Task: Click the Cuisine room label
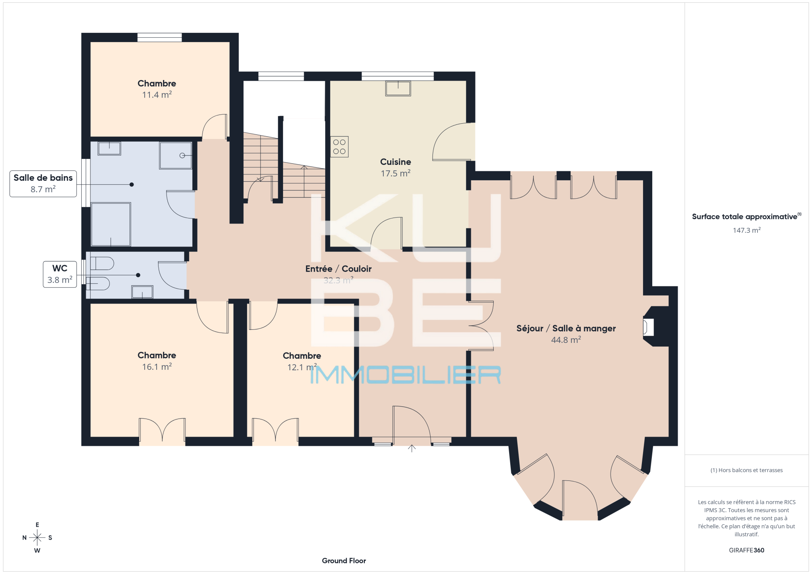[395, 162]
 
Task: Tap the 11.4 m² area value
[157, 95]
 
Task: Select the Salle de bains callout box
[43, 184]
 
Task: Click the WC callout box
[60, 274]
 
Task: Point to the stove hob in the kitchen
[339, 147]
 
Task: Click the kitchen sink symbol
[398, 88]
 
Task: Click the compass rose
[37, 538]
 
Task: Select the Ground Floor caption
[344, 561]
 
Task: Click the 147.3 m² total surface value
[747, 230]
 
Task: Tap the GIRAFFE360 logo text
[747, 550]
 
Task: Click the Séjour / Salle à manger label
[566, 328]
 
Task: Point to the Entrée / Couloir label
[338, 269]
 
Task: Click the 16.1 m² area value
[157, 367]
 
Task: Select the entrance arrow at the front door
[412, 448]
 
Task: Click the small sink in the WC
[142, 292]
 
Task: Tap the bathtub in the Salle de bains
[111, 224]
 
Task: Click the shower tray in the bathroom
[176, 155]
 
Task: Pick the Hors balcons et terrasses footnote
[747, 470]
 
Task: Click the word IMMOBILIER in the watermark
[405, 375]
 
